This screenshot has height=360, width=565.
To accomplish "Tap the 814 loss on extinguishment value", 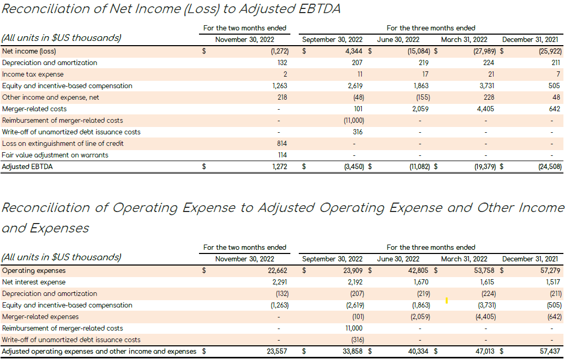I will pyautogui.click(x=281, y=144).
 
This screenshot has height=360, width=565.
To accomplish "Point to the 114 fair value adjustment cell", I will pyautogui.click(x=282, y=155).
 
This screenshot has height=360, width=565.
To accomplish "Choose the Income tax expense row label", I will pyautogui.click(x=33, y=75).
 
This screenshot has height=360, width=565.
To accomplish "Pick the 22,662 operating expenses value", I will pyautogui.click(x=277, y=271).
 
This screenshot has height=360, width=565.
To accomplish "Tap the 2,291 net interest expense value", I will pyautogui.click(x=278, y=282).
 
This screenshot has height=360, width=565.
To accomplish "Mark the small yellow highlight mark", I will pyautogui.click(x=446, y=301).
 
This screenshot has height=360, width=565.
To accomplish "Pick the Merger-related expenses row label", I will pyautogui.click(x=40, y=317).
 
